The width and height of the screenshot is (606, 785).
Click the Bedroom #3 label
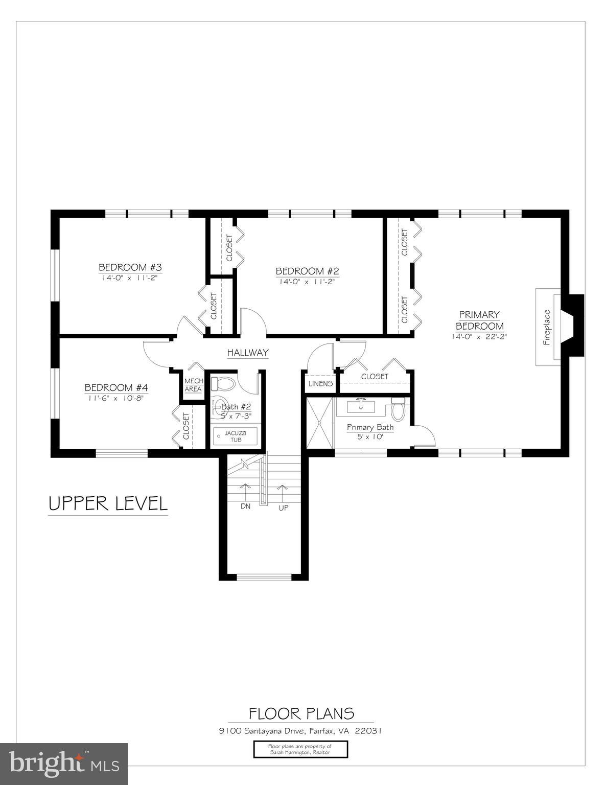(x=130, y=267)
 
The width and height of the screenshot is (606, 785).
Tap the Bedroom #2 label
(x=307, y=271)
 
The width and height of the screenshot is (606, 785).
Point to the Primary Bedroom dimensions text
(x=479, y=336)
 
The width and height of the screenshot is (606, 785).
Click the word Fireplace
(x=547, y=328)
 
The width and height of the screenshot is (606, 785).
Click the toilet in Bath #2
(x=222, y=383)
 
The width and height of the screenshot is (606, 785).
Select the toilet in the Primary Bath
(x=398, y=409)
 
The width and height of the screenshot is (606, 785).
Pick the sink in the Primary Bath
(x=361, y=406)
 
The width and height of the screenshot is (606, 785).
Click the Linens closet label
(x=320, y=384)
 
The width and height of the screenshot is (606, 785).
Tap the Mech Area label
(x=193, y=385)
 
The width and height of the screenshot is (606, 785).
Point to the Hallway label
(x=247, y=353)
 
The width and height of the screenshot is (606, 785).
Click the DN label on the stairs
(x=245, y=506)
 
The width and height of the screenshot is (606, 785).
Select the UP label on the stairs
(x=284, y=508)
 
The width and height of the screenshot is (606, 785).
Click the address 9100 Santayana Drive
(x=300, y=731)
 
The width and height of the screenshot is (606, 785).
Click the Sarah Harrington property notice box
(x=300, y=749)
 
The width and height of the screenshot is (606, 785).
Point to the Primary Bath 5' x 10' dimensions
(x=370, y=437)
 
